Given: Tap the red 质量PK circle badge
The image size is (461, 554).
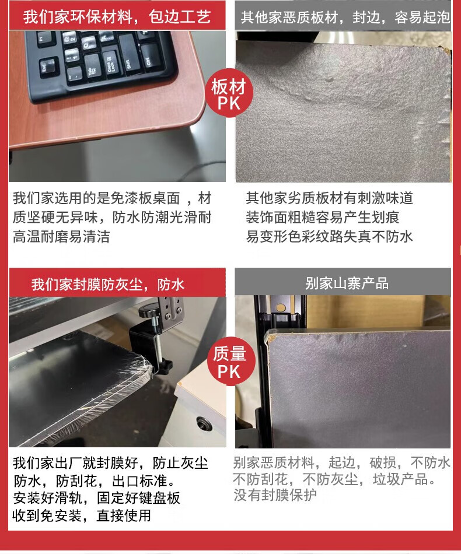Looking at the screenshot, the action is [229, 362].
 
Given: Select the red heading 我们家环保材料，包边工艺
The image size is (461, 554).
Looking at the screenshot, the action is [117, 16].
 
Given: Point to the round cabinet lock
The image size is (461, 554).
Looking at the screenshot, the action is [204, 423].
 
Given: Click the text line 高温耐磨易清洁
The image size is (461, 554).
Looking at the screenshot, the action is [61, 236].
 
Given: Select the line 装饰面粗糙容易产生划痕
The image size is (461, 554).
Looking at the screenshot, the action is [323, 218].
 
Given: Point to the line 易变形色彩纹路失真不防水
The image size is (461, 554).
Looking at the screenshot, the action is [330, 236].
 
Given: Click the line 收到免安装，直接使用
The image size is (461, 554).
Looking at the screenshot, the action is [82, 516].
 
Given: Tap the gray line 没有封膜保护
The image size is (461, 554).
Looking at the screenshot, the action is [275, 495].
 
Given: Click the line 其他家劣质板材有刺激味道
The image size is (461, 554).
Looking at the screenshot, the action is [330, 198].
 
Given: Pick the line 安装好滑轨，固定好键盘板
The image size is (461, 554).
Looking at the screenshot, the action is [96, 498].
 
